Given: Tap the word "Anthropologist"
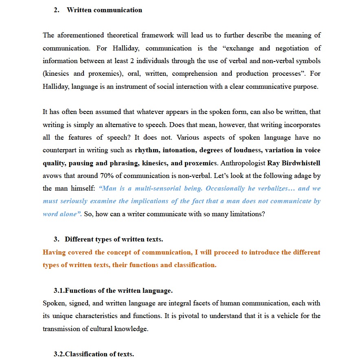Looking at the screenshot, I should tap(242, 163).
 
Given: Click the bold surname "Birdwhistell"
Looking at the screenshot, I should tap(301, 163).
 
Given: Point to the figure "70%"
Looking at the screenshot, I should tap(105, 176).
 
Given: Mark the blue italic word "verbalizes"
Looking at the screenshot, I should tap(274, 189).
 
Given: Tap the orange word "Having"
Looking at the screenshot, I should tap(54, 252).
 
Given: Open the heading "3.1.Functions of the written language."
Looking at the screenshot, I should tap(113, 291).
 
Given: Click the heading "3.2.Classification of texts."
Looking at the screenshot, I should tap(94, 354).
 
